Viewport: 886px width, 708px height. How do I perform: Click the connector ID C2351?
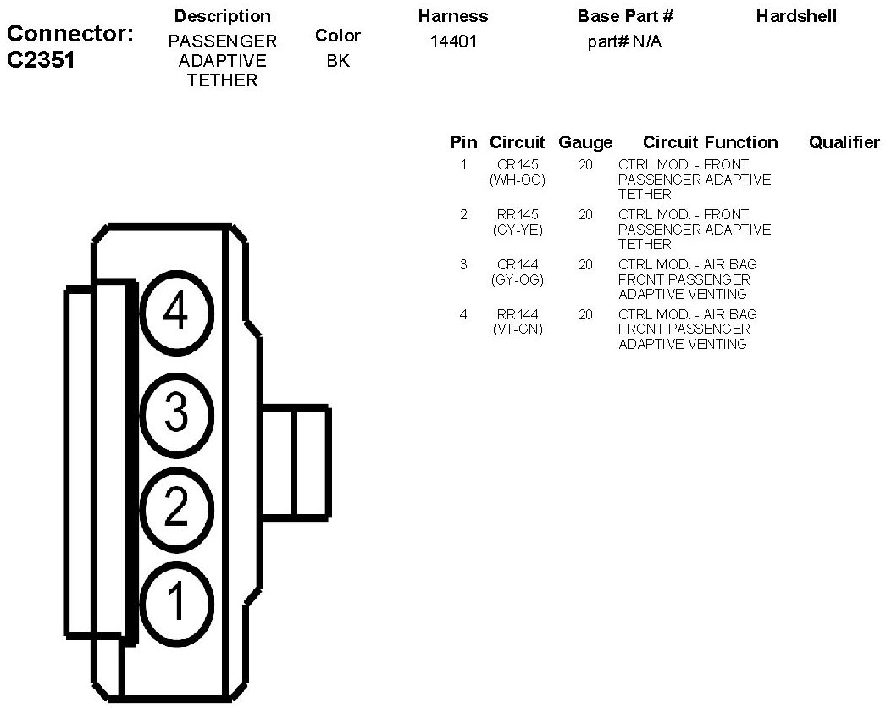tap(42, 61)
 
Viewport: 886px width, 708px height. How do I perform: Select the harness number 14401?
tap(453, 41)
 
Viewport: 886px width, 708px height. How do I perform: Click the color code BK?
tap(338, 61)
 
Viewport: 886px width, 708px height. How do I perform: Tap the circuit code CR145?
tap(518, 165)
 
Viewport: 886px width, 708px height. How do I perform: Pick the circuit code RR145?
tap(518, 215)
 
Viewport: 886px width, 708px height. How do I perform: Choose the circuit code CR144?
tap(518, 265)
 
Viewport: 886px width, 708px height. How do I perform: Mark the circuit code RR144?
tap(518, 315)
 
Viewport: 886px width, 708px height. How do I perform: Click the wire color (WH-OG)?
tap(518, 180)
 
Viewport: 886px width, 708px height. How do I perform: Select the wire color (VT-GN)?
tap(518, 329)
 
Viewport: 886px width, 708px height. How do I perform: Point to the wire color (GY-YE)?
tap(518, 230)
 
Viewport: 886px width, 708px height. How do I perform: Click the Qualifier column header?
tap(844, 142)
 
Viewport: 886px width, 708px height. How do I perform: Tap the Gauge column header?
tap(585, 142)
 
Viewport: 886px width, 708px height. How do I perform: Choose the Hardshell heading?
tap(796, 16)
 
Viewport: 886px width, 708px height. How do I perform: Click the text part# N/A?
tap(624, 41)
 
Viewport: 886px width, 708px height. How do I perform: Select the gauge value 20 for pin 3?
tap(585, 265)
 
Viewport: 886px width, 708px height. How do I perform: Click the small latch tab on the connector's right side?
tap(295, 462)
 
